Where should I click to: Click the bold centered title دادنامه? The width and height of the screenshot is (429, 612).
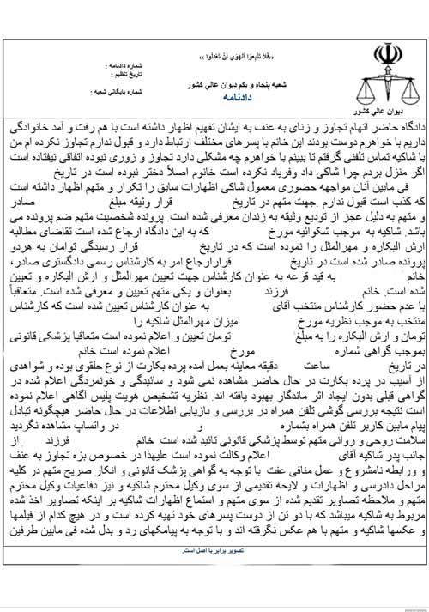pyautogui.click(x=214, y=98)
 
